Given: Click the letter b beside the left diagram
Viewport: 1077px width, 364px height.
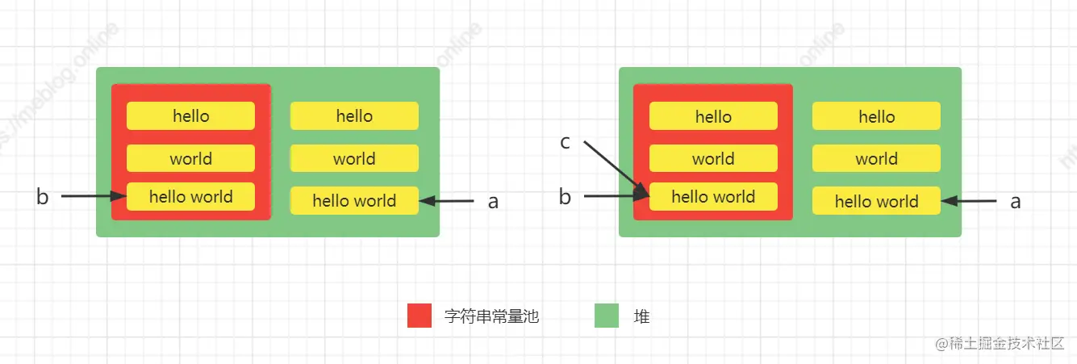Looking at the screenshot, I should pos(43,197).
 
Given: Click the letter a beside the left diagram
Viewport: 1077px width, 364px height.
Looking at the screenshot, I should pos(493,202).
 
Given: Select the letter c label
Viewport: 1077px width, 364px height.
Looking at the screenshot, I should pos(566,143).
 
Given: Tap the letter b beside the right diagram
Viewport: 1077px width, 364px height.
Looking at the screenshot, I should pos(566,197).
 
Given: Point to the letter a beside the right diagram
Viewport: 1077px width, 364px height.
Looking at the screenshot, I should pos(1016,202).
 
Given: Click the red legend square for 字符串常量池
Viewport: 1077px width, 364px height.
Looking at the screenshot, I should pos(420,316).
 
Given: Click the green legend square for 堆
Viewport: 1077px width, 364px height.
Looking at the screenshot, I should pos(607,316).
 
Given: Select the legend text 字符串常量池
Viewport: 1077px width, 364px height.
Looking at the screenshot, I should pos(491,317).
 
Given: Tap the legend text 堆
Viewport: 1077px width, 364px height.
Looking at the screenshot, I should pos(641,317).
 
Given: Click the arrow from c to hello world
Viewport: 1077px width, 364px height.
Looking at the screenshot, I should pos(615,169).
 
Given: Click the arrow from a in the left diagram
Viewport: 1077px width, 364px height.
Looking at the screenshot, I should pos(448,201).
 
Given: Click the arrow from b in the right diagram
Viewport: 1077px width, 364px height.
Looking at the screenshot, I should pos(613,196).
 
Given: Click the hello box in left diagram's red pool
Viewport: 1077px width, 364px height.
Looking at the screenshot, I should pos(190,116).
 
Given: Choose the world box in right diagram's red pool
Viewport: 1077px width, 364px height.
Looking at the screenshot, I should pos(713,159).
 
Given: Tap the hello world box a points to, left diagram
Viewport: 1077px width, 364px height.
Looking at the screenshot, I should pos(354,201).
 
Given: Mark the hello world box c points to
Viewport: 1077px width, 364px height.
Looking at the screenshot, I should pos(713,197).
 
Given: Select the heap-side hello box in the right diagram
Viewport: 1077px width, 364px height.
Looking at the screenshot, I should pos(876,116).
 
